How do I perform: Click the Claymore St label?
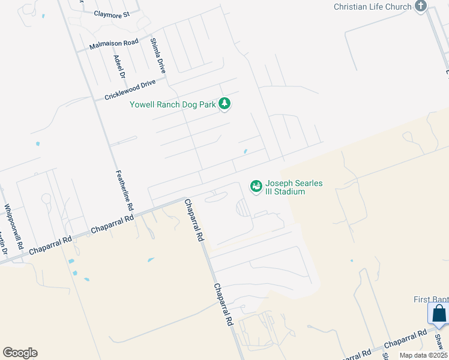click(x=112, y=14)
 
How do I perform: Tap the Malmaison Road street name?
click(x=114, y=44)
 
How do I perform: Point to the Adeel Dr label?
click(x=118, y=67)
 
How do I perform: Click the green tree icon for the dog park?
click(x=224, y=104)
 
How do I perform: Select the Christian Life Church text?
click(x=373, y=7)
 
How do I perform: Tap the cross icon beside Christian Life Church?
click(x=420, y=7)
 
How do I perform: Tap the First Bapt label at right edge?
click(x=431, y=299)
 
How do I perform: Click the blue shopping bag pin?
click(x=439, y=314)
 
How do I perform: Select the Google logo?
click(x=20, y=353)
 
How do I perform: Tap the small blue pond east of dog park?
click(x=245, y=151)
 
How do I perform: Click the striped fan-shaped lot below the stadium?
click(x=243, y=208)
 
